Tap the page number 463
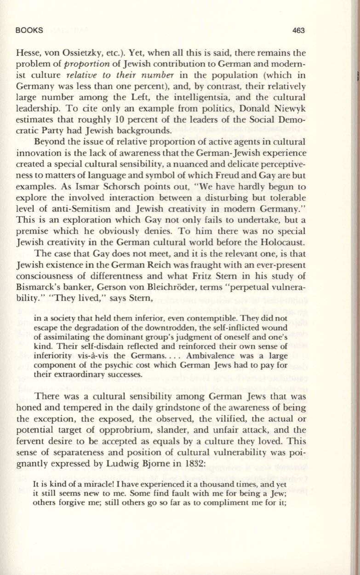[298, 30]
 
